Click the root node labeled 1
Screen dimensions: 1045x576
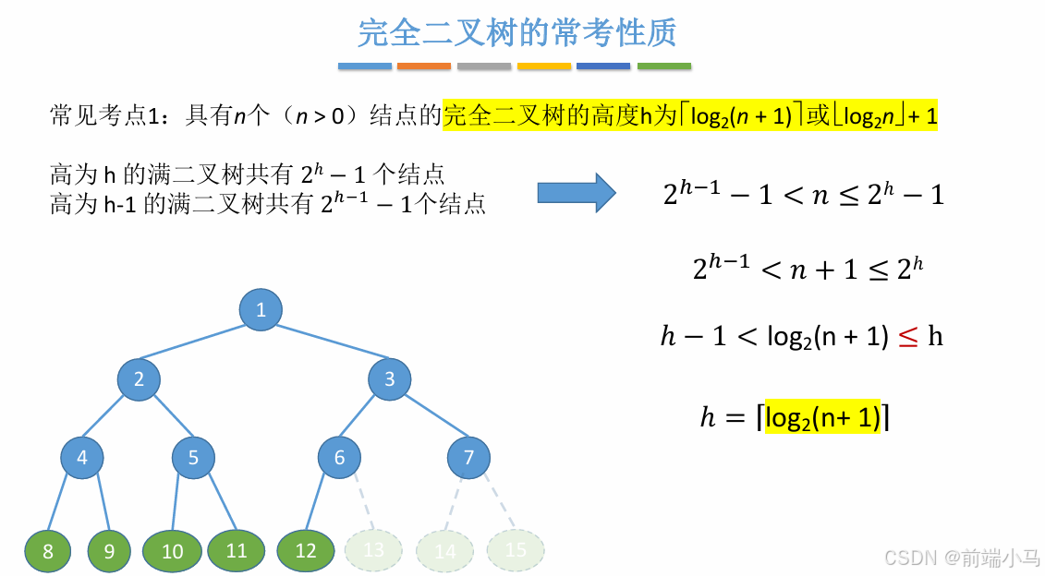(x=261, y=309)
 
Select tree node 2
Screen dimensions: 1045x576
(x=139, y=378)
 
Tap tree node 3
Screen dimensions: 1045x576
(x=389, y=378)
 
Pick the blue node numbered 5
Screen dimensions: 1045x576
(x=193, y=457)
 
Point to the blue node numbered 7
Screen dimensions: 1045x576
(x=468, y=457)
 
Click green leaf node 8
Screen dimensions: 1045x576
(x=48, y=552)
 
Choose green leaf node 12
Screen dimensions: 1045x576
(x=305, y=551)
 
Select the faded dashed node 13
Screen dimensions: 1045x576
(x=374, y=550)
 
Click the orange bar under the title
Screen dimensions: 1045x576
(x=424, y=66)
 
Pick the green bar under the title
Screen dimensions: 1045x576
(x=664, y=66)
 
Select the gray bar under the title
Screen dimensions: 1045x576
(x=484, y=66)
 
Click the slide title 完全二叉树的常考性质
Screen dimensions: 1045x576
(x=517, y=33)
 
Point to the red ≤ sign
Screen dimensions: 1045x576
(x=908, y=337)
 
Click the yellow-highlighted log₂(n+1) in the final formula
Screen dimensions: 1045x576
(x=822, y=417)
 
